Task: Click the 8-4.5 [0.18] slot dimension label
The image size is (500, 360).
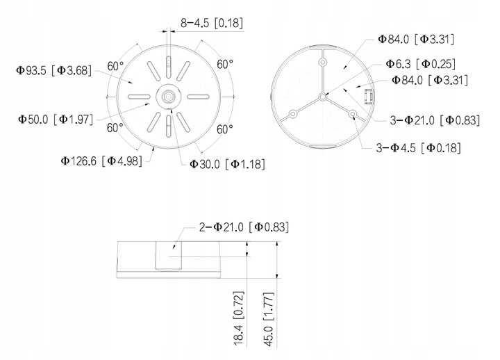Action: pos(210,22)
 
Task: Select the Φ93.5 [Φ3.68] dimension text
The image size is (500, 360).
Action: pos(53,69)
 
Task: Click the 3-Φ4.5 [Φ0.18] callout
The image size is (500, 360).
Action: pos(419,147)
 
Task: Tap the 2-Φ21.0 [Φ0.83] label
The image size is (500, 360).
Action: pos(242,227)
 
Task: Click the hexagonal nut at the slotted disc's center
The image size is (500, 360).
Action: pos(169,95)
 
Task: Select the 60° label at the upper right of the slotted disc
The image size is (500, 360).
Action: pos(224,64)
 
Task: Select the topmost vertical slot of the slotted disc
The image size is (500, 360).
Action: pos(169,59)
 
